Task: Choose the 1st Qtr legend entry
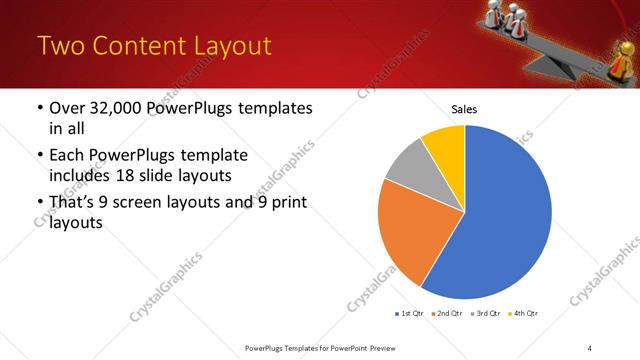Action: tap(408, 313)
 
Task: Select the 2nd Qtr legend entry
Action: tap(446, 313)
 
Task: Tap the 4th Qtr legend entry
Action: tap(523, 313)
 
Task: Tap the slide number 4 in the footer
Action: tap(590, 347)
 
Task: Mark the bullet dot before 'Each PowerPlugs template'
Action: tap(38, 156)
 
